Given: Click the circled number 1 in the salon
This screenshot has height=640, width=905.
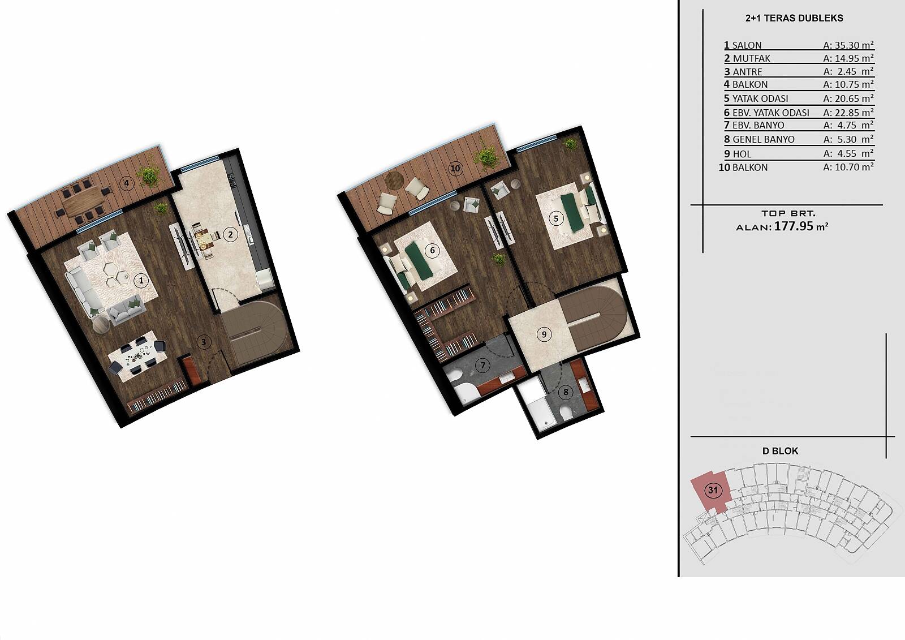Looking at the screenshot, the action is click(x=141, y=280).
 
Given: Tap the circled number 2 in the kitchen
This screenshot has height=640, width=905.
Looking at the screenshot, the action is click(x=230, y=234).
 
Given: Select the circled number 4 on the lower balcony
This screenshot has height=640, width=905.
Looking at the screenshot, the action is click(x=127, y=183).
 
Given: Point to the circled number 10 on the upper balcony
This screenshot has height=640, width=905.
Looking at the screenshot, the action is click(x=455, y=168).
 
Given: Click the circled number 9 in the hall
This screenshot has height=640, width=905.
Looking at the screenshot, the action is click(x=544, y=334).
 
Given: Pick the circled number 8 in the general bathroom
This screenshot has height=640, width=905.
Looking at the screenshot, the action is click(x=566, y=392).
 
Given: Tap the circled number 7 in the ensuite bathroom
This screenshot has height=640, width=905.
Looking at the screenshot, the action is click(x=483, y=366).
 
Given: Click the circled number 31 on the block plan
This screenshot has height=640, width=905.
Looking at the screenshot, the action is click(x=713, y=491).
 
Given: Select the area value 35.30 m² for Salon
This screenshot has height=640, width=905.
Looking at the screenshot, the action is click(x=848, y=45).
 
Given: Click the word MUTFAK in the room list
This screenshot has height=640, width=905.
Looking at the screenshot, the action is click(x=752, y=59).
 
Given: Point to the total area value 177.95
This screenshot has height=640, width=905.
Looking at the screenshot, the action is click(x=794, y=226).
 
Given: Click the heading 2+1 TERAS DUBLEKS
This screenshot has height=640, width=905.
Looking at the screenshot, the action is click(x=794, y=18).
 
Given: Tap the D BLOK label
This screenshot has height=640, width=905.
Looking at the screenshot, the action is click(x=780, y=451).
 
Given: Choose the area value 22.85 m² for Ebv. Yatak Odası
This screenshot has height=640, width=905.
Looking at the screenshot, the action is click(x=848, y=113).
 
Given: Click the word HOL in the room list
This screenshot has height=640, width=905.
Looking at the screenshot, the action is click(x=742, y=154).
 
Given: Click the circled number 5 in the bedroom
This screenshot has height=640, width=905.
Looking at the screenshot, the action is click(x=556, y=219).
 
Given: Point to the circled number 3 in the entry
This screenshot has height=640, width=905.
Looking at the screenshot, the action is click(x=204, y=342).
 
